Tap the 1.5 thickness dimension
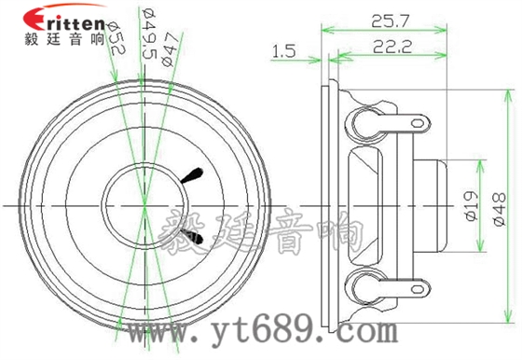[284, 53]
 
